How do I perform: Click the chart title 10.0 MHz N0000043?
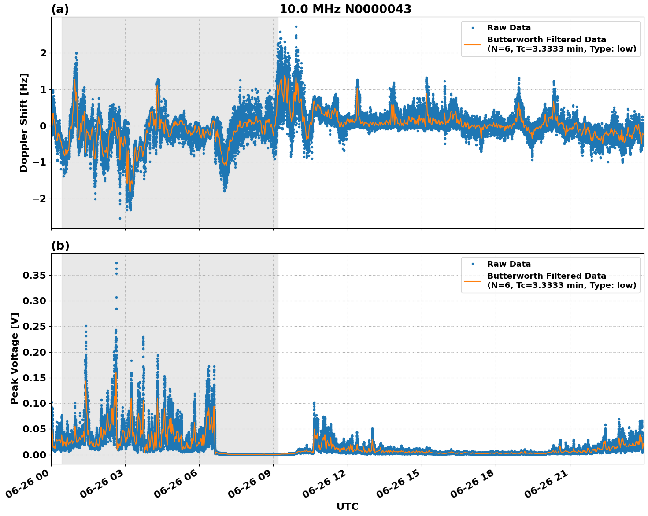pyautogui.click(x=345, y=9)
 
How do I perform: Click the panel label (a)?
pyautogui.click(x=60, y=9)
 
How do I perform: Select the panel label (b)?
pyautogui.click(x=60, y=246)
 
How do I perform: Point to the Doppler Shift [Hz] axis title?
pyautogui.click(x=24, y=122)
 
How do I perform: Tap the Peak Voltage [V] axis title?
pyautogui.click(x=15, y=358)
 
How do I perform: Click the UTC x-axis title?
pyautogui.click(x=347, y=506)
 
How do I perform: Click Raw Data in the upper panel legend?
pyautogui.click(x=509, y=28)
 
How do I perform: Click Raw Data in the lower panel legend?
pyautogui.click(x=509, y=265)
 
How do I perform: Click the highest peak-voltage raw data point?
pyautogui.click(x=116, y=263)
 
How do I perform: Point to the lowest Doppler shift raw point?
pyautogui.click(x=120, y=218)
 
